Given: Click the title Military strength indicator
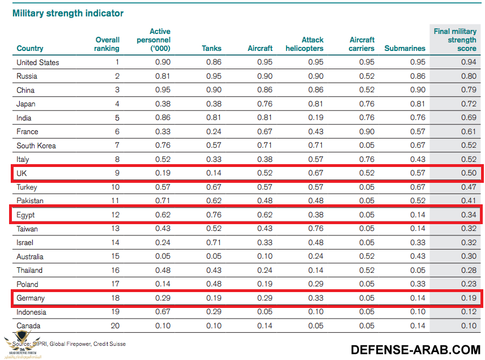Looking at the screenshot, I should [x=68, y=13].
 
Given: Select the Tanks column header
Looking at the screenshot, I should [x=211, y=49].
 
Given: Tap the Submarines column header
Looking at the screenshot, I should [x=405, y=49].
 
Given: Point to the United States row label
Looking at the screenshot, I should [x=38, y=62].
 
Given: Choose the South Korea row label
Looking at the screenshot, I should [x=36, y=145].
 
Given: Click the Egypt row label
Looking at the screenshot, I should [x=25, y=215].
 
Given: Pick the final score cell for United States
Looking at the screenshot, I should [x=469, y=62].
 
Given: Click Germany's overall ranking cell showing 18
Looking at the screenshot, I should [x=114, y=298].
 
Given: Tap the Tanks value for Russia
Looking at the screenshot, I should [x=214, y=76].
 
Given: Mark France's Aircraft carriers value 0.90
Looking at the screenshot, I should [x=367, y=132].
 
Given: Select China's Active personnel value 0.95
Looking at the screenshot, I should [x=163, y=90].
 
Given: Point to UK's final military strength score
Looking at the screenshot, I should [x=469, y=173].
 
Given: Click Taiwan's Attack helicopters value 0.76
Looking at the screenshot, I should [x=316, y=229].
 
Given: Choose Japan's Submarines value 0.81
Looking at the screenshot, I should [x=418, y=104].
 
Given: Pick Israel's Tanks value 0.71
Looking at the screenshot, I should [x=214, y=243].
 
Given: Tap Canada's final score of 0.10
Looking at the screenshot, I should [x=469, y=326].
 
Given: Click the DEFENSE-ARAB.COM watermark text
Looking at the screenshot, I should [x=416, y=349].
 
